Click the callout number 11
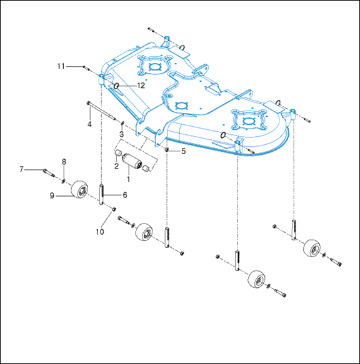click(x=61, y=66)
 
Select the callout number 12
click(x=141, y=86)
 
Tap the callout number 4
click(x=89, y=124)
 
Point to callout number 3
click(x=121, y=134)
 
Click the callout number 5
click(x=184, y=151)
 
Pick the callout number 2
click(x=116, y=166)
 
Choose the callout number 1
click(x=128, y=179)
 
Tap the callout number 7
click(x=22, y=169)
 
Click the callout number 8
click(x=64, y=162)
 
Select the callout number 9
click(x=52, y=195)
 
